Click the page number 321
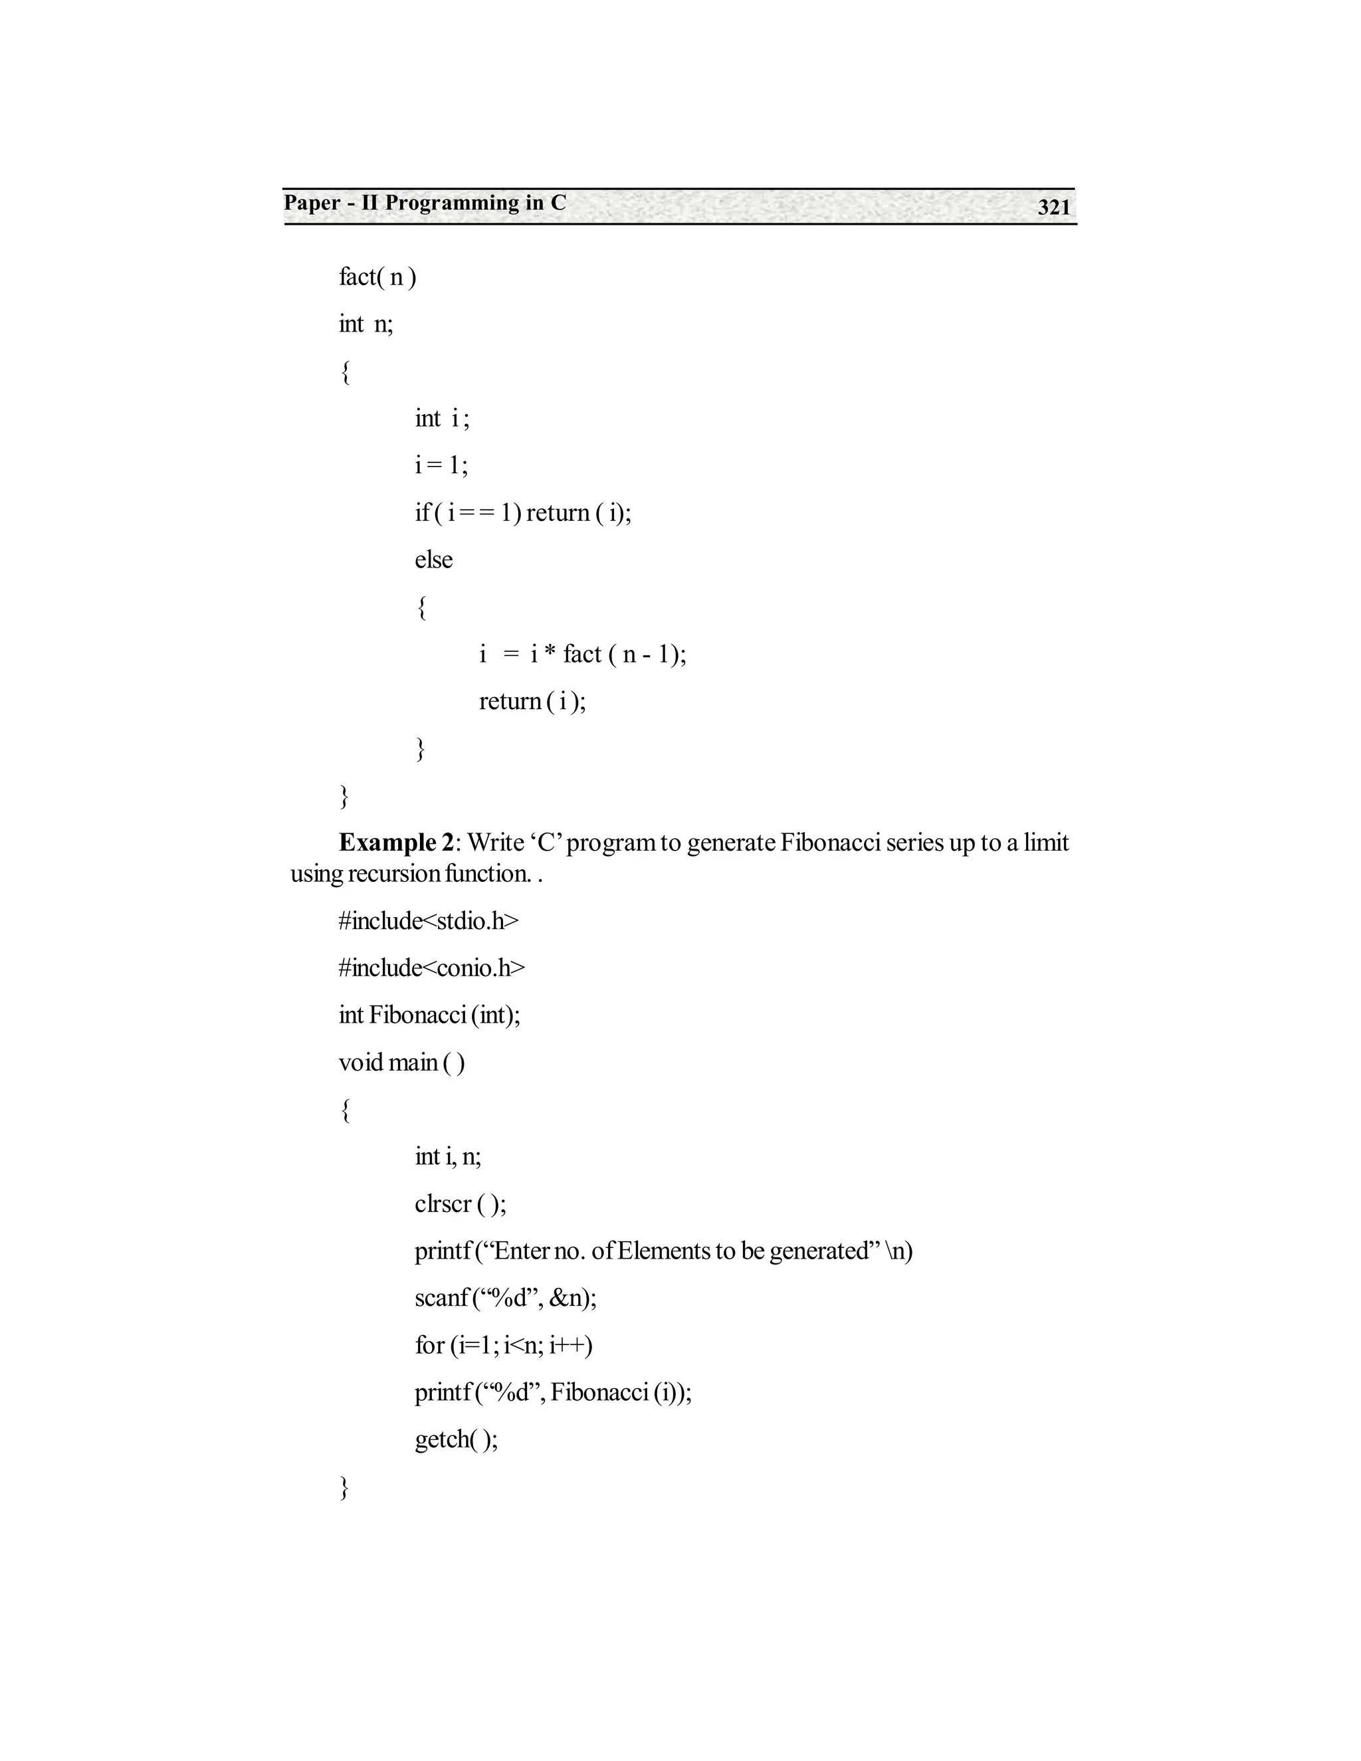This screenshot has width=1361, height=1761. point(1053,207)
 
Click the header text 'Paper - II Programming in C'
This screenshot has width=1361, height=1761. point(425,203)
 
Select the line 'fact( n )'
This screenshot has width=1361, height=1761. point(377,276)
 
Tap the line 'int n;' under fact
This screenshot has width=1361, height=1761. point(366,324)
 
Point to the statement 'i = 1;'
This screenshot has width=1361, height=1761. point(441,465)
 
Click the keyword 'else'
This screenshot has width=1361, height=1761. point(434,560)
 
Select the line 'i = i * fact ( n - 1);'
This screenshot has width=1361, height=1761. point(582,654)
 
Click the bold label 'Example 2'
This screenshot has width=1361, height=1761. point(396,843)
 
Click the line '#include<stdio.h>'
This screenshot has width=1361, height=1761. point(428,921)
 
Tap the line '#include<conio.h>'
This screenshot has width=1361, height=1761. point(431,968)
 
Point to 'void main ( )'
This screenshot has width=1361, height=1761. point(401,1063)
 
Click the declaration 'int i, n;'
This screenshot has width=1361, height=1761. point(447,1157)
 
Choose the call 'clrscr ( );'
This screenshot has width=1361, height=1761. point(461,1204)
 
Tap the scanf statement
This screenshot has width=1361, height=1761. point(506,1298)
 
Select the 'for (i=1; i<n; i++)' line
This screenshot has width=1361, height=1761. point(504,1345)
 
